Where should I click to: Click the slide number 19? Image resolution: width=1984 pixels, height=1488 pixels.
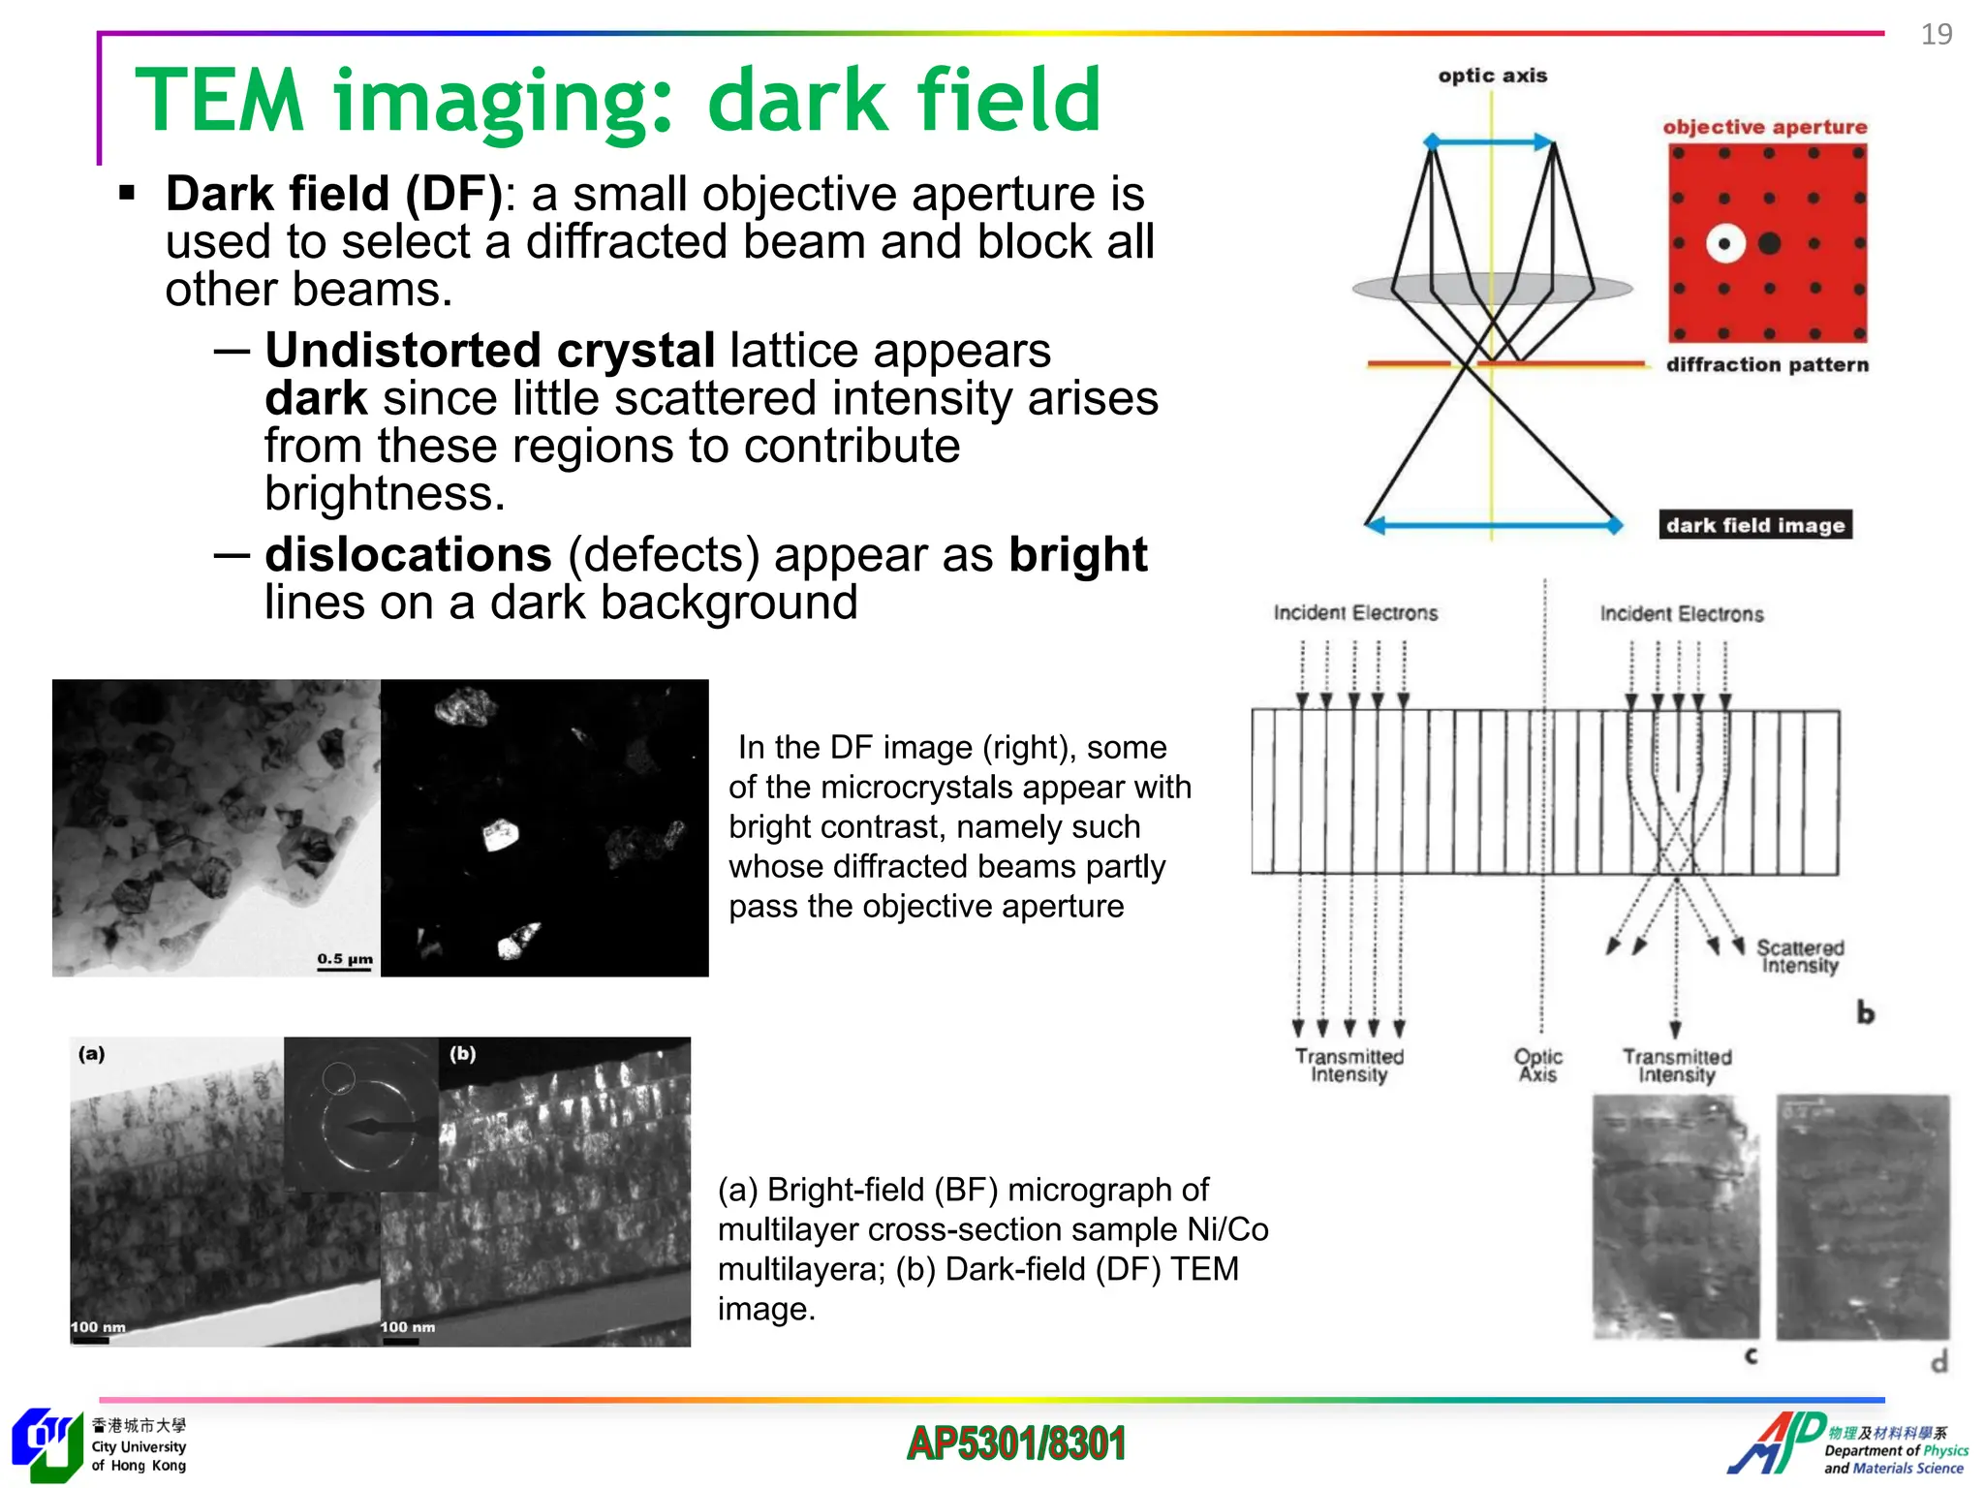1936,35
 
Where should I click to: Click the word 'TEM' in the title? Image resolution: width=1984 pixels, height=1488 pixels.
220,100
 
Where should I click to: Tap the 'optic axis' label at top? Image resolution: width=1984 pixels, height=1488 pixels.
1492,76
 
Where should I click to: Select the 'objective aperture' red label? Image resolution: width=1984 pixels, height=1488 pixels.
1764,127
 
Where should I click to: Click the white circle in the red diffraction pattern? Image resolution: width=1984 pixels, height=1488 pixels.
1724,243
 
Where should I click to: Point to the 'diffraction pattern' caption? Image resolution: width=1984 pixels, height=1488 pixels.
1767,365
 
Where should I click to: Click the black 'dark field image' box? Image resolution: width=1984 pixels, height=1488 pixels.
1754,525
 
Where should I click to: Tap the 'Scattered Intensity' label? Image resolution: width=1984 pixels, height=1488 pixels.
1800,956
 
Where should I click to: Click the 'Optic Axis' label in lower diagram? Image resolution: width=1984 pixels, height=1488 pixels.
1537,1065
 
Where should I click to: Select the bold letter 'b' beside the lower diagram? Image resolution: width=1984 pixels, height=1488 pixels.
1865,1013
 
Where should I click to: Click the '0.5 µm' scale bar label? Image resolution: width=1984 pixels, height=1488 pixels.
345,958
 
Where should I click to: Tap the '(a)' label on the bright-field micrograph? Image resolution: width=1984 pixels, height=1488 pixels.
92,1053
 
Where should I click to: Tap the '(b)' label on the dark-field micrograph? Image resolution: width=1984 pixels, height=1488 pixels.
463,1053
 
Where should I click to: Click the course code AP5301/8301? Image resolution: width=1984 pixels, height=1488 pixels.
1016,1443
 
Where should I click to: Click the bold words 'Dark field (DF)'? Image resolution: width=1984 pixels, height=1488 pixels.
334,193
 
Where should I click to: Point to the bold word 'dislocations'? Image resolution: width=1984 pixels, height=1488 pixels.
408,554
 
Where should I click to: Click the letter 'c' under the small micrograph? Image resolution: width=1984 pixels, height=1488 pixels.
1751,1356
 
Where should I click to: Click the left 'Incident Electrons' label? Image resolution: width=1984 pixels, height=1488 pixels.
1354,613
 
